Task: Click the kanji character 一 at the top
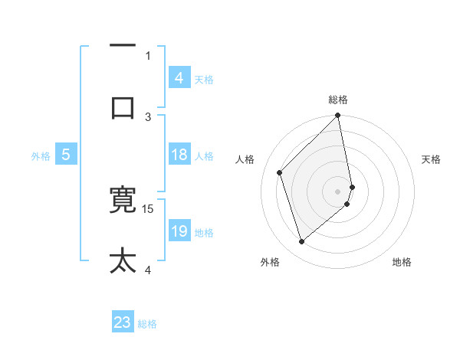123,46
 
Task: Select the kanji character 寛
123,201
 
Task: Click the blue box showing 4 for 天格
179,78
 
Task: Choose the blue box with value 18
179,155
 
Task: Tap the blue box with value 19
179,232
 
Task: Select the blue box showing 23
123,322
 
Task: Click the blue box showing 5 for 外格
66,155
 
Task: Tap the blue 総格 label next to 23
147,324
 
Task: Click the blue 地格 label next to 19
204,233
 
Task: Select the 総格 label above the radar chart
338,100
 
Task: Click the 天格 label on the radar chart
431,159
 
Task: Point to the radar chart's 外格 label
270,262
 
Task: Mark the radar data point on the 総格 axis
338,116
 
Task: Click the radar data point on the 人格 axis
280,172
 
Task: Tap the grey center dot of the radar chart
338,191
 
